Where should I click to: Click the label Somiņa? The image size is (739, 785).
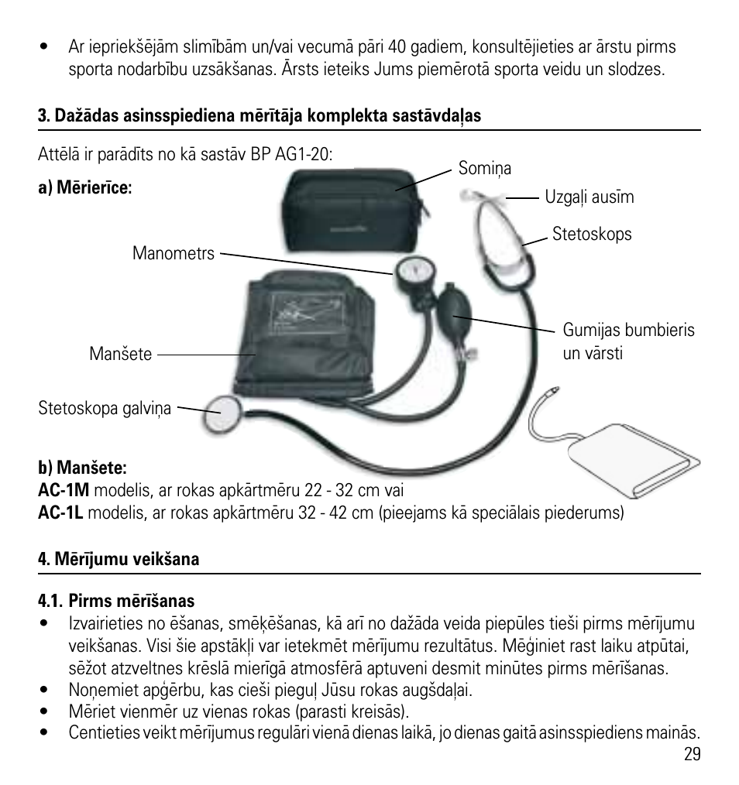click(484, 169)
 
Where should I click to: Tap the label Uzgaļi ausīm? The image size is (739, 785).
click(589, 197)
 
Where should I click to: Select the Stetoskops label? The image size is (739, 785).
click(592, 234)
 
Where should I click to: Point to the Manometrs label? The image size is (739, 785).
click(174, 253)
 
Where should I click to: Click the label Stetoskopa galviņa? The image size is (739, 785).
click(105, 408)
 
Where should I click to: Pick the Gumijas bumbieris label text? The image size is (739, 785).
click(629, 330)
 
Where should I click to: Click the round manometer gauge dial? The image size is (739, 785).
click(415, 273)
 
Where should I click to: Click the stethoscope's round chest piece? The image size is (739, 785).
click(222, 414)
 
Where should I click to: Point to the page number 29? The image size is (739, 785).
click(692, 754)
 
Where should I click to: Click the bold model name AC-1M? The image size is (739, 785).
click(64, 489)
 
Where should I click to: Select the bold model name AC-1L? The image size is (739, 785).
click(60, 512)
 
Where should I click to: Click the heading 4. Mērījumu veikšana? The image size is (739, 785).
click(119, 559)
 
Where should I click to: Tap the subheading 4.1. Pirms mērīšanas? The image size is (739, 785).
click(116, 600)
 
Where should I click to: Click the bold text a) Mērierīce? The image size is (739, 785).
click(85, 187)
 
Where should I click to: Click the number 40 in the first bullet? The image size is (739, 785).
click(397, 46)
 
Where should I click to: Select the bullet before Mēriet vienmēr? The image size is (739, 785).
click(45, 711)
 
